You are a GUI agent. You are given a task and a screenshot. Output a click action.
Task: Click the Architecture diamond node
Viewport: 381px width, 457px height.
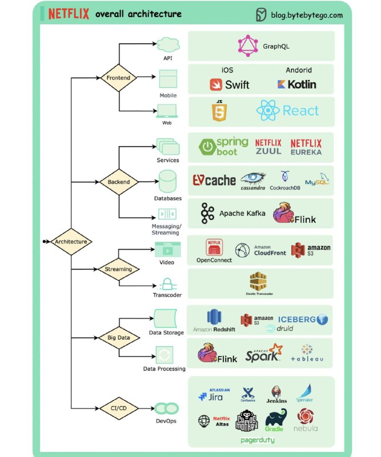coord(71,242)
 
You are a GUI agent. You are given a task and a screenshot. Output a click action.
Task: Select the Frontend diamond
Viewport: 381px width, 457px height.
coord(119,77)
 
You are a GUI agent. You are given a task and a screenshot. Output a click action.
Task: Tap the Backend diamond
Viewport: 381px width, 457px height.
coord(119,182)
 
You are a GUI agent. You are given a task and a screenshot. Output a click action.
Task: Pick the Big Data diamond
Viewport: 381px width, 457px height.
coord(119,338)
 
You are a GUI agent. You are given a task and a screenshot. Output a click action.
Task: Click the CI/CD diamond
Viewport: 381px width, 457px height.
coord(119,408)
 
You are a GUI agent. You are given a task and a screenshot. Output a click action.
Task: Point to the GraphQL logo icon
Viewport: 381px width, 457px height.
coord(248,46)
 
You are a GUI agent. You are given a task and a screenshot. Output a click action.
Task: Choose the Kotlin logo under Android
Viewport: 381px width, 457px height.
coord(296,85)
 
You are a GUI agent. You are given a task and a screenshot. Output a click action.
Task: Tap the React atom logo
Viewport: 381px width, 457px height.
coord(267,111)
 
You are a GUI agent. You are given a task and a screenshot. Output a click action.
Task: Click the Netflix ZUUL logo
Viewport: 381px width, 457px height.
coord(268,147)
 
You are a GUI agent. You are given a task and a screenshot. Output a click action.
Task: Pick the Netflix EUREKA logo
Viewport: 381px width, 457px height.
coord(306,147)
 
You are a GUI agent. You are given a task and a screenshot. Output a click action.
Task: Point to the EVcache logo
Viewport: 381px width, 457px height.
coord(214,180)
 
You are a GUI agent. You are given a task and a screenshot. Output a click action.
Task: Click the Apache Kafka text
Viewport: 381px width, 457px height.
coord(242,214)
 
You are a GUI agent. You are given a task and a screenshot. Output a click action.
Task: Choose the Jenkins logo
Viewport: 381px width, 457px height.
coord(276,394)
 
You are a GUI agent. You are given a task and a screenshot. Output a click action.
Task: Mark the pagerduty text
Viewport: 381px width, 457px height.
coord(258,440)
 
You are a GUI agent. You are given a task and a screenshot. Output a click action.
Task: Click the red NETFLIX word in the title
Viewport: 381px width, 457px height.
coord(69,14)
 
